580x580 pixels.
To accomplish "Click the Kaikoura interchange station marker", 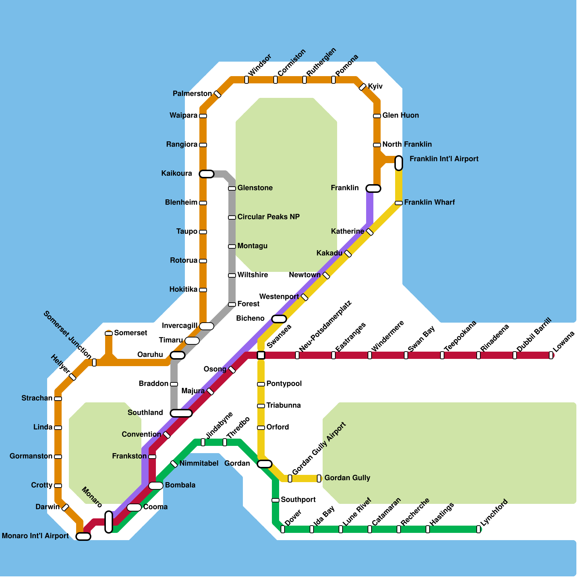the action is [207, 174].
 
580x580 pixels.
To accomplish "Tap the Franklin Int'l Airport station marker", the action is [399, 163].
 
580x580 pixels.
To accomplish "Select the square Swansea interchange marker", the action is [261, 355].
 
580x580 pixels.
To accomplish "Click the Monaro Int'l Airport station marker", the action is [83, 536].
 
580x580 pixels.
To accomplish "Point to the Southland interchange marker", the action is [181, 413].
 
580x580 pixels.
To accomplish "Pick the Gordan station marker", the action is [265, 464].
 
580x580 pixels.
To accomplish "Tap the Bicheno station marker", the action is [279, 319].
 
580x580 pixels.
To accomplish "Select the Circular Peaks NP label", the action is [268, 217].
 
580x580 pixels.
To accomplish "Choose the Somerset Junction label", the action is [67, 335].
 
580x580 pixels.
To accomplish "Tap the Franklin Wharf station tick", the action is [399, 203].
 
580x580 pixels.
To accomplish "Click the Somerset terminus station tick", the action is [109, 333].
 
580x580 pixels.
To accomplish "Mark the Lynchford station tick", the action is [478, 529].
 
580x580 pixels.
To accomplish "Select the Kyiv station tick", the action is [362, 87].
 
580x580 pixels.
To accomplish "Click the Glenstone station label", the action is [255, 188].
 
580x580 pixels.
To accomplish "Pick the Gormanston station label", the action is [31, 456].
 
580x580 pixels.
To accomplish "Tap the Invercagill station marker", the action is [207, 326].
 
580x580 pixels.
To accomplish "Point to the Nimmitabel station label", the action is [199, 463].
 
